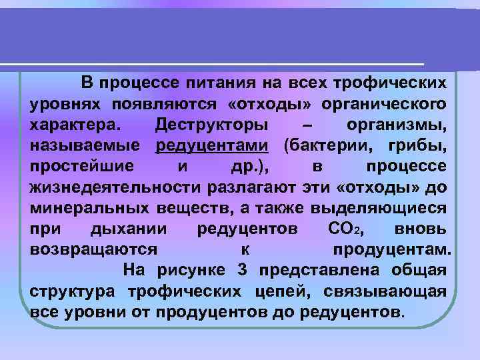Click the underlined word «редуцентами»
211,145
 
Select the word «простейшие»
81,166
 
